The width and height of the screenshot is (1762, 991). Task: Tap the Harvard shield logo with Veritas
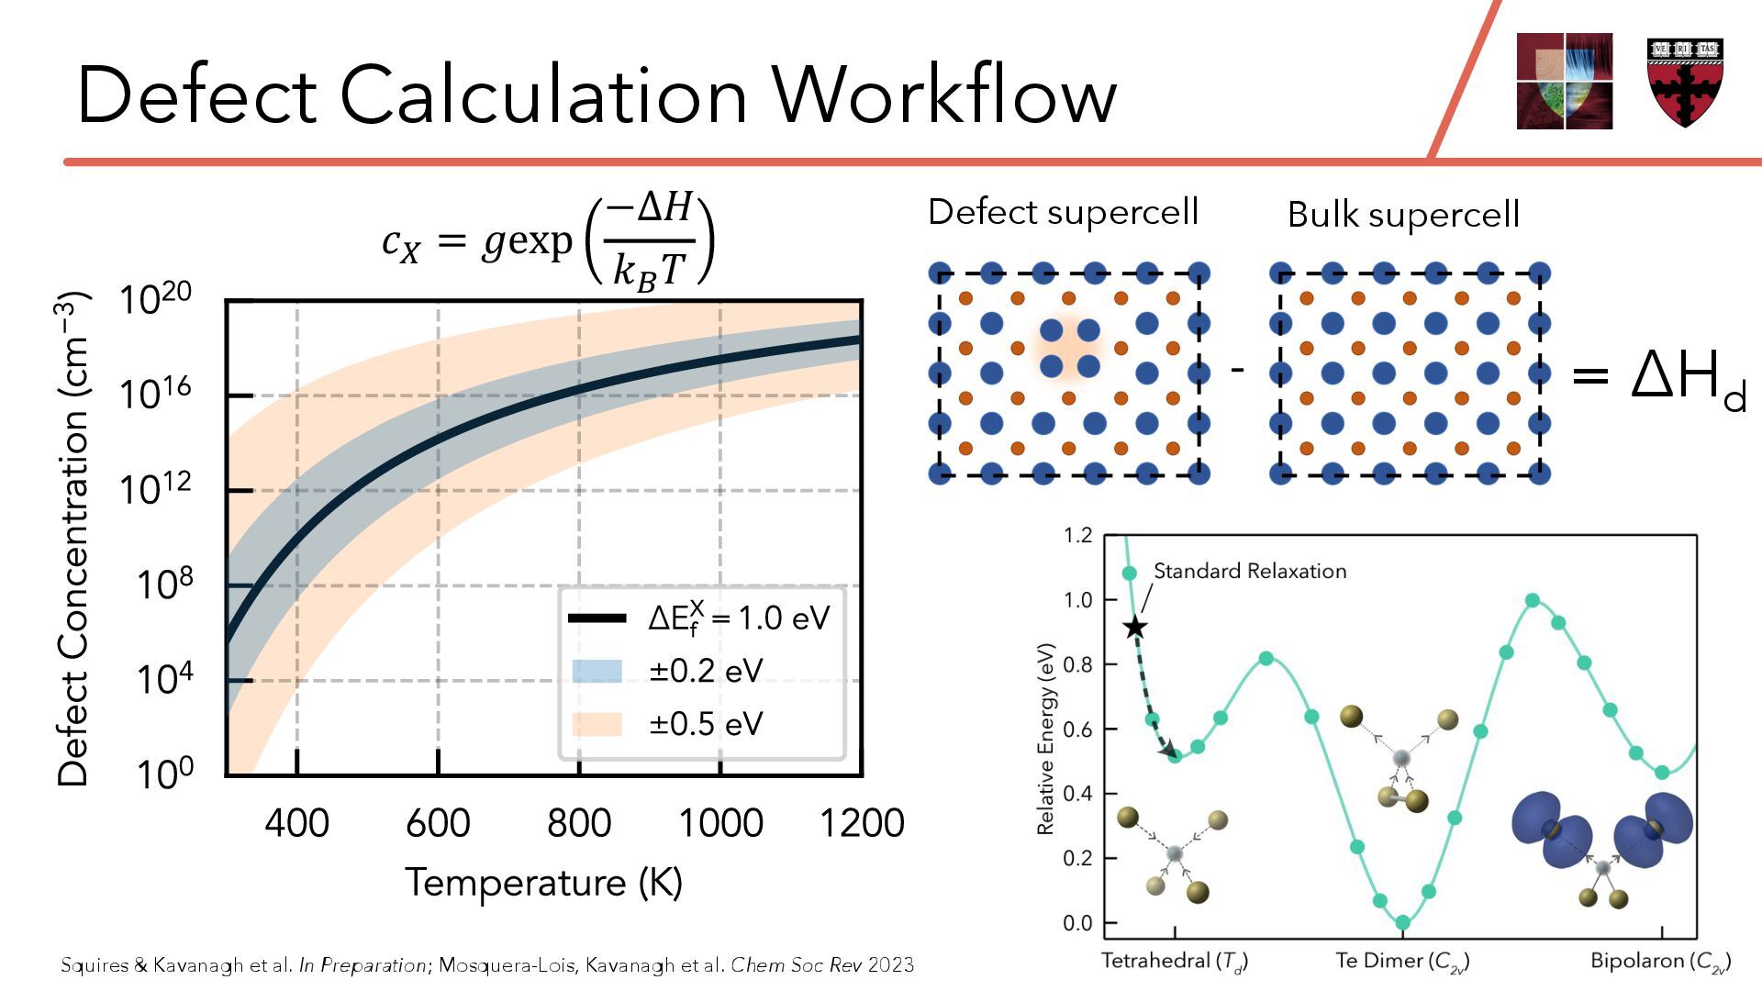click(1685, 82)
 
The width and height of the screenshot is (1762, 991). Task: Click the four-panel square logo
click(1564, 81)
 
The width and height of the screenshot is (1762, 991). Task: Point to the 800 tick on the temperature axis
click(579, 823)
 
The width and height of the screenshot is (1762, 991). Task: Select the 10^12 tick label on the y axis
click(156, 488)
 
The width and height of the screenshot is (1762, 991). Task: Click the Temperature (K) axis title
click(544, 883)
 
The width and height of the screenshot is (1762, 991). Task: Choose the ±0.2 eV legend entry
click(706, 671)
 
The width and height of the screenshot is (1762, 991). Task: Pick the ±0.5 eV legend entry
click(706, 724)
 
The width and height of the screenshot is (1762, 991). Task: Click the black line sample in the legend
click(597, 618)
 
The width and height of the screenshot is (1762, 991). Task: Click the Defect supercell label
click(1063, 212)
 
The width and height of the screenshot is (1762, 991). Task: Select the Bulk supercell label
click(1403, 215)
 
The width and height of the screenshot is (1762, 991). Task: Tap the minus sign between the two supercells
click(1237, 370)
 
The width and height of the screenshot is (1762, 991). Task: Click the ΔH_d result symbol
click(1688, 376)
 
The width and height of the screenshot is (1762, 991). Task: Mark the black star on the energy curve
click(1135, 628)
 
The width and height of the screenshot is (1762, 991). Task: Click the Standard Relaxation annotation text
click(1250, 572)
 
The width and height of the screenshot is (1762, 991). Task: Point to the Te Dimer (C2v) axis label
click(1402, 962)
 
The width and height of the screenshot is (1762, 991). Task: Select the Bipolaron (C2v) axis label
click(1660, 962)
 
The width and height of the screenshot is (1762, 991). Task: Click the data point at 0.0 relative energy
click(1402, 922)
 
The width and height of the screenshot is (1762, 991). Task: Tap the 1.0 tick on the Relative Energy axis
click(1077, 600)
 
